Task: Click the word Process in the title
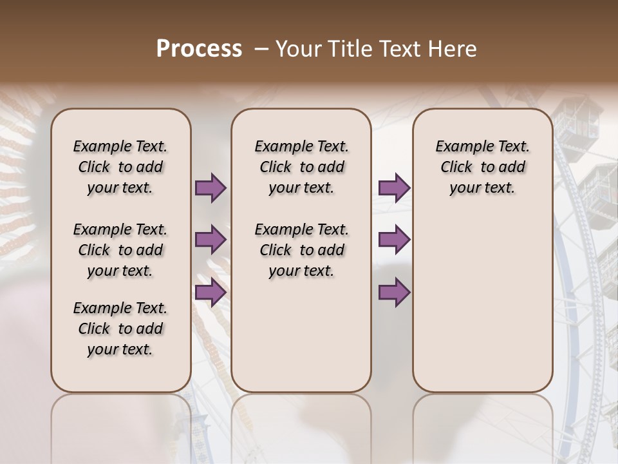pos(199,49)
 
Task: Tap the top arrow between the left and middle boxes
pos(211,188)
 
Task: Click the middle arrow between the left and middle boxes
pos(211,240)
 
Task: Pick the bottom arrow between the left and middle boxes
pos(211,292)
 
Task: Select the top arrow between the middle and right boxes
pos(394,188)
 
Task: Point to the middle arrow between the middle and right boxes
pos(394,240)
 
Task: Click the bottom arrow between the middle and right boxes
pos(394,292)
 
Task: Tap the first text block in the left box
pos(120,167)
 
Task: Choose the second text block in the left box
pos(120,250)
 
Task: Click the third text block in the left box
pos(120,329)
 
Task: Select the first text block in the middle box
pos(301,167)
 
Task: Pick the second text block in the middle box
pos(301,250)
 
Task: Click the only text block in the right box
pos(482,167)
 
